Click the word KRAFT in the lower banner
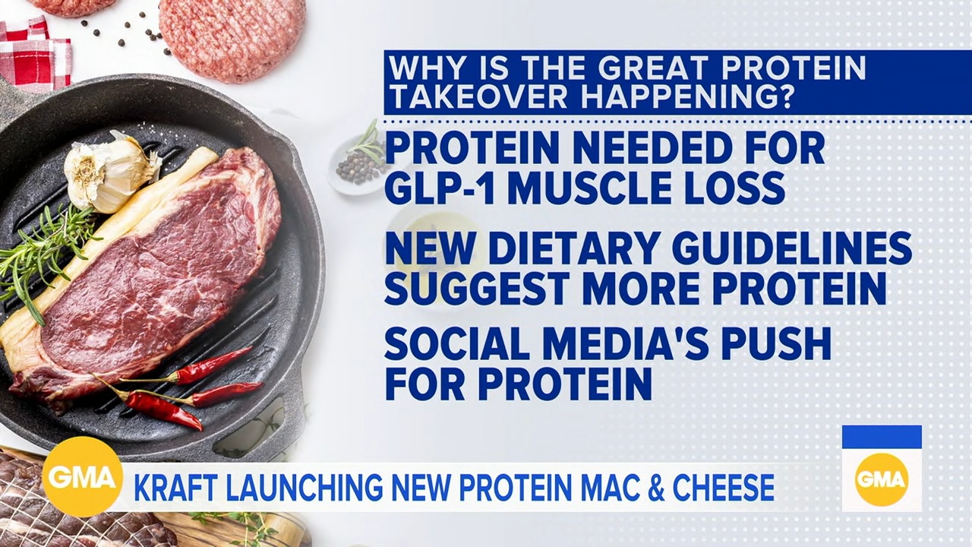pos(175,488)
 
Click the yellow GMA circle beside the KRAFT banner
pos(82,476)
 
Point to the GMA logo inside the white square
pos(882,480)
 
